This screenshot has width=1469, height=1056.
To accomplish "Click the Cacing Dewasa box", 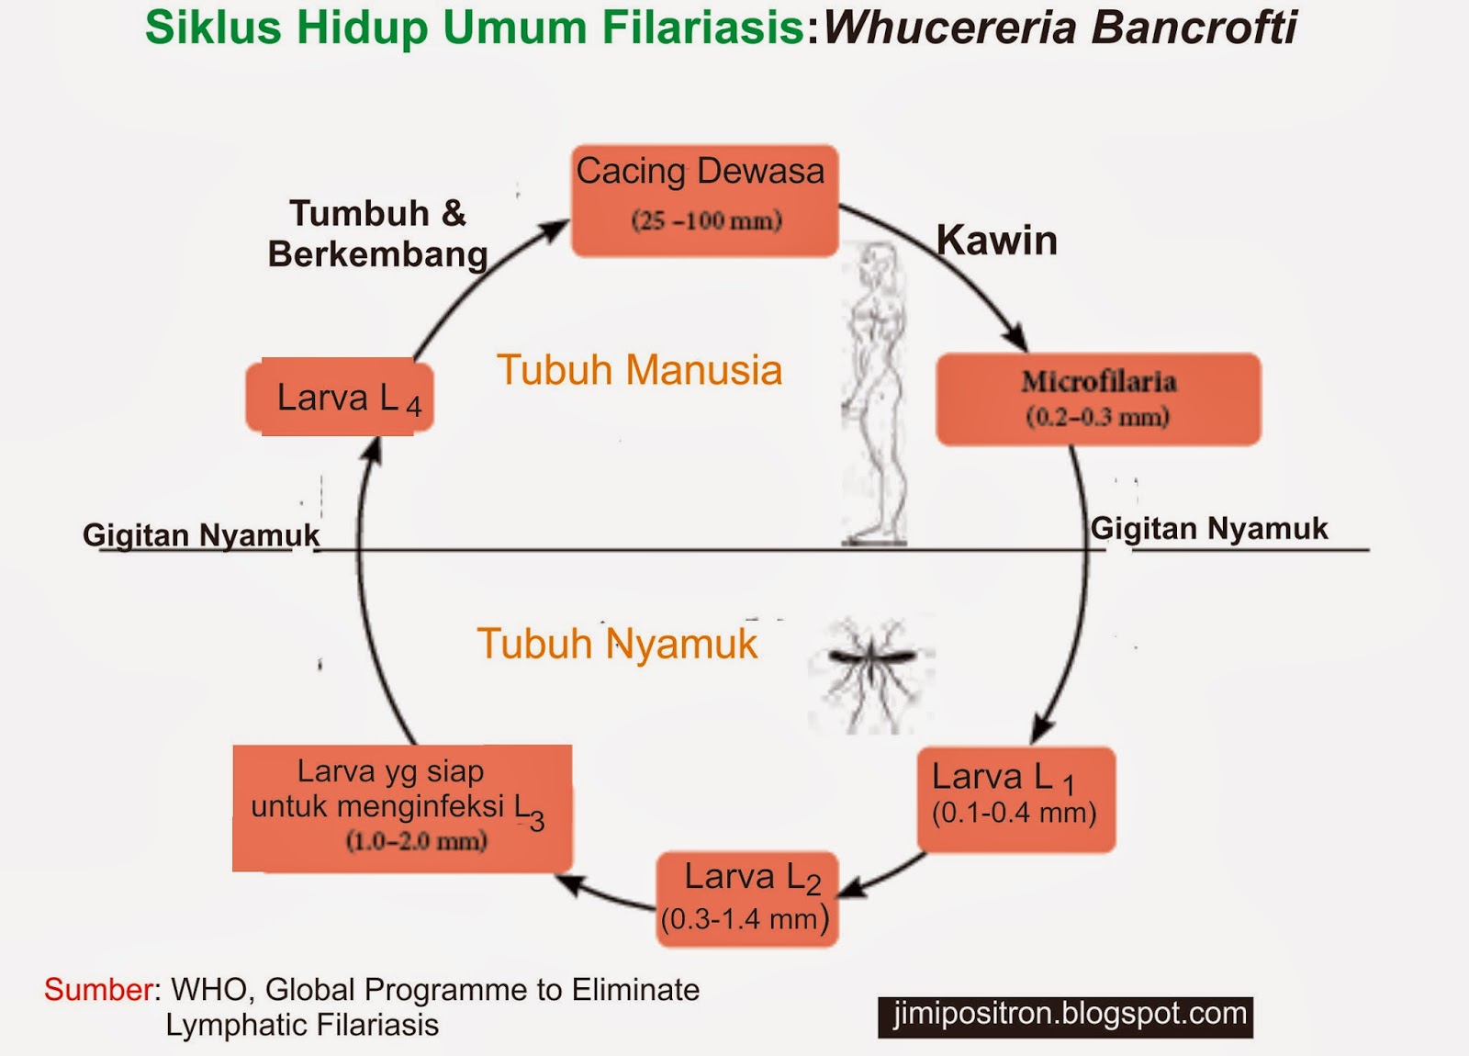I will click(704, 199).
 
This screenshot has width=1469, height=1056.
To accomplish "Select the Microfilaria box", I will click(1098, 399).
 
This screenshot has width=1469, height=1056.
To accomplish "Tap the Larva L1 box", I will click(1016, 799).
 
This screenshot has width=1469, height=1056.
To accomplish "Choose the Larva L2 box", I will click(746, 899).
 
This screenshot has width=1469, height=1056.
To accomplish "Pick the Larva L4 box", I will click(340, 397).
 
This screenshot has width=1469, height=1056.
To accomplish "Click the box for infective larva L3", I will click(401, 807).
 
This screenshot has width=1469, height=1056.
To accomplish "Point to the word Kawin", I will click(996, 241).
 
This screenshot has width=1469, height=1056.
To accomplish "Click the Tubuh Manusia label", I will click(639, 370).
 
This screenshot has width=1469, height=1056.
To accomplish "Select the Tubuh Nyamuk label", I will click(617, 644).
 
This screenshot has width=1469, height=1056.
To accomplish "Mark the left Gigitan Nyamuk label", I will click(201, 534).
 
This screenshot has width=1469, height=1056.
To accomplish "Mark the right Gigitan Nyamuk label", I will click(1208, 529).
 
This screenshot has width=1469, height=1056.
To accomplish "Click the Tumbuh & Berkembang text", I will click(377, 233).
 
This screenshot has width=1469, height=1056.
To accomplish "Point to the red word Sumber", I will click(98, 990).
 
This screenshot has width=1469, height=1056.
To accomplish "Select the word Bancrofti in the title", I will click(1194, 28).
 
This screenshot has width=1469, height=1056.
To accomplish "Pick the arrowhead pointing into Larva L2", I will click(851, 888).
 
